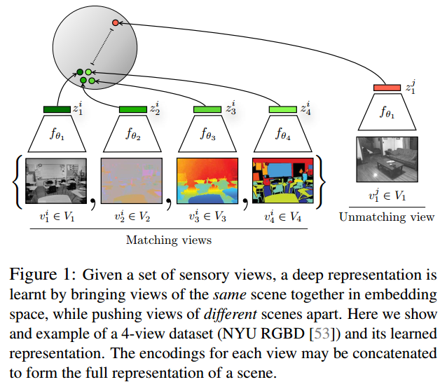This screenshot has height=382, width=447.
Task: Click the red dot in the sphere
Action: tap(115, 22)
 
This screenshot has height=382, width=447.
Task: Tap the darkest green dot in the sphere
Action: tap(80, 72)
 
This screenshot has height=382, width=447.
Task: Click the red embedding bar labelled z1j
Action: tap(387, 88)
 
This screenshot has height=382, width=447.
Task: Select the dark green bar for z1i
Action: tap(57, 109)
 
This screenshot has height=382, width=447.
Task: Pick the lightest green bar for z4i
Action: tap(283, 109)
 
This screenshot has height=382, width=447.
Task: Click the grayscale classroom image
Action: tap(56, 181)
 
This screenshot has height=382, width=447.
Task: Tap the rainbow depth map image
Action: tap(207, 181)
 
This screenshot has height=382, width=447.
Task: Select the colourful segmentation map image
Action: tap(283, 181)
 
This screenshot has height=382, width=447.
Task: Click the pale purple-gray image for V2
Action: tap(132, 181)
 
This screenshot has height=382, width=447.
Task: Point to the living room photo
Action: tap(387, 159)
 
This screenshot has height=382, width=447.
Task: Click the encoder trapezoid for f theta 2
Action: tap(132, 133)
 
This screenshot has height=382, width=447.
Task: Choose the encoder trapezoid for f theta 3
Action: tap(207, 133)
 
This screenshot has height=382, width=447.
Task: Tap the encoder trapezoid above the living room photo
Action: tap(387, 112)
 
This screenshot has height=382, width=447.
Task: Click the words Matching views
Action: tap(169, 240)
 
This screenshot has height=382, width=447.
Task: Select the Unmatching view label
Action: tap(387, 217)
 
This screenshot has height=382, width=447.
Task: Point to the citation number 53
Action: tap(322, 334)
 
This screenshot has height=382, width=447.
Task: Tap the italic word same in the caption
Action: tap(230, 294)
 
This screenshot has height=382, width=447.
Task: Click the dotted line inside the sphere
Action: tap(102, 46)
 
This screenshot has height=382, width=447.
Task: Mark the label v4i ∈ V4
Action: tap(283, 217)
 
